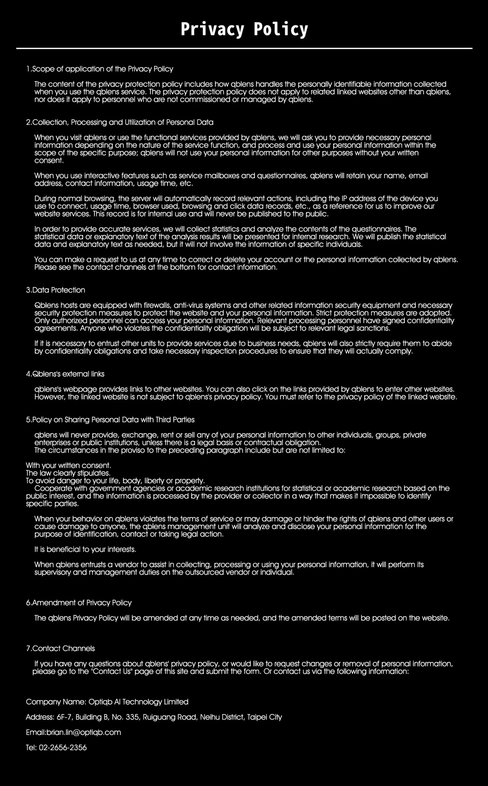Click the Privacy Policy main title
[x=244, y=29]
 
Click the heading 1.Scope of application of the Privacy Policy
[x=100, y=69]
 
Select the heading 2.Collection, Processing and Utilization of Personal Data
[x=120, y=122]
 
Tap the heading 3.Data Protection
[x=56, y=290]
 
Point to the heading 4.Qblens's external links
[x=65, y=374]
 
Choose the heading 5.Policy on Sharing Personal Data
[x=110, y=420]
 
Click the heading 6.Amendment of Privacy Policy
[x=79, y=603]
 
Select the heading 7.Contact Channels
[x=60, y=648]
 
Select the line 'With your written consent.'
[x=68, y=465]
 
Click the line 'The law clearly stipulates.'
[x=68, y=473]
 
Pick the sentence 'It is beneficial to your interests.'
[x=85, y=549]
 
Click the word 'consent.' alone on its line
[x=49, y=161]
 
